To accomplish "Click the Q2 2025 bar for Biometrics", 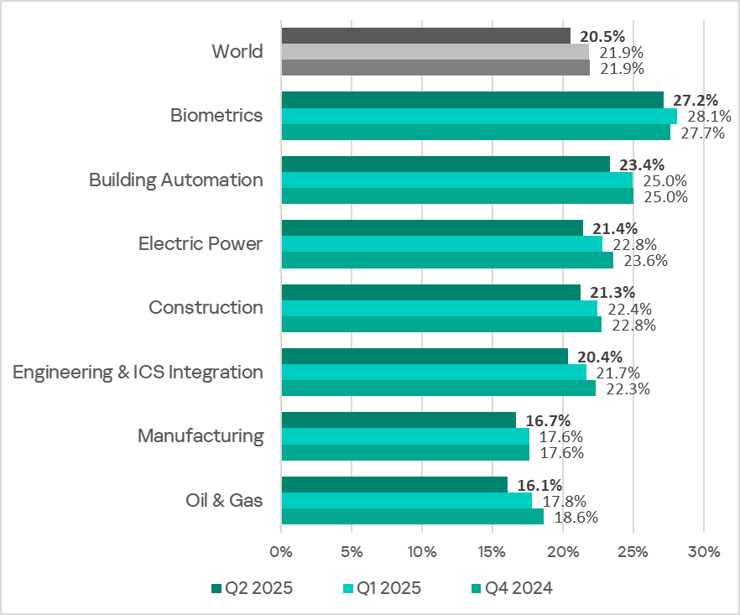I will [472, 100].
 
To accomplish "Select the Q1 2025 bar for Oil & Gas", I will [407, 501].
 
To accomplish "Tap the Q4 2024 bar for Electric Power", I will [447, 260].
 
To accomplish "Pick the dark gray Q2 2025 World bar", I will [425, 36].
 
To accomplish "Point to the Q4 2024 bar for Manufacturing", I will [405, 453].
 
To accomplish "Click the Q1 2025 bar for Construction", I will [439, 309].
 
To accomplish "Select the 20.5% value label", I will [601, 36].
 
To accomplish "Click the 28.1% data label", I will [709, 116].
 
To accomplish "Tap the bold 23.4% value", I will [640, 164].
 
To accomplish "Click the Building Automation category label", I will [175, 180].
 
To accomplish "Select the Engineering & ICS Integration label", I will [138, 372].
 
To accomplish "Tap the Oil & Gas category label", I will [224, 501].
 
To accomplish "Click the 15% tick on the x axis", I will [492, 551].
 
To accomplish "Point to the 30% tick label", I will [703, 551].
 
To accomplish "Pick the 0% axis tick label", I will [280, 551].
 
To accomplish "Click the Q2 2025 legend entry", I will [251, 588].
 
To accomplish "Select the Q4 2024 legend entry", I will [512, 588].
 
